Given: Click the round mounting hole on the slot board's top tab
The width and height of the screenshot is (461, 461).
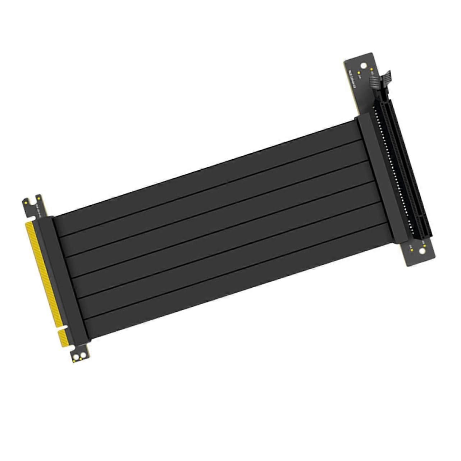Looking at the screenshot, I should tap(364, 66).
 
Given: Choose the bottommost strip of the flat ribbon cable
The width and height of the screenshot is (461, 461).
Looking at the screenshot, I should tap(230, 302).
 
